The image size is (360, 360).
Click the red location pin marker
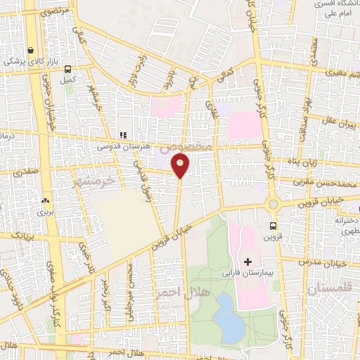click(x=181, y=166)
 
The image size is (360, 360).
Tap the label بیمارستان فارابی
click(x=262, y=271)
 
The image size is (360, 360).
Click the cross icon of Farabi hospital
click(x=247, y=261)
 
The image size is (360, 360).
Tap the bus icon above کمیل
click(x=67, y=69)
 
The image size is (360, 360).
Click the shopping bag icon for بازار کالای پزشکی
click(x=31, y=51)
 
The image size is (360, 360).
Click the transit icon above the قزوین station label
click(x=274, y=226)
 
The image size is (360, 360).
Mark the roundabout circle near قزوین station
click(x=273, y=205)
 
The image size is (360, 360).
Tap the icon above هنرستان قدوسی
click(x=123, y=136)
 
